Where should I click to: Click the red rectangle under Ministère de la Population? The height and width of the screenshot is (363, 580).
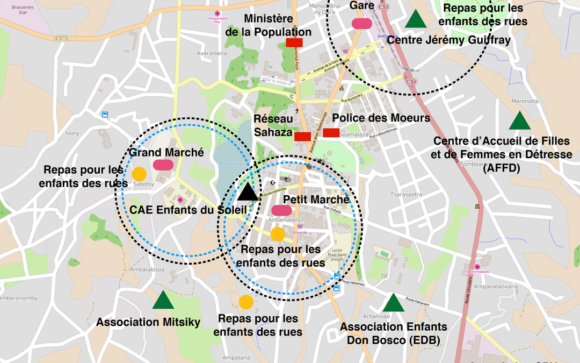coord(294,42)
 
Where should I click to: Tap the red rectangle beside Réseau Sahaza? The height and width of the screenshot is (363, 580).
coord(302,136)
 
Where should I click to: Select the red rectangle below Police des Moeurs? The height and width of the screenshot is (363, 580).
coord(331,133)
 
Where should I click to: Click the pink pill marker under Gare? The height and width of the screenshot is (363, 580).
coord(361,23)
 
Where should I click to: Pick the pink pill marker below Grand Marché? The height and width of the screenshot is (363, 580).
coord(163,165)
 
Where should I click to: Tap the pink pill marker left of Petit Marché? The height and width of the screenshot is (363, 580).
coord(281,210)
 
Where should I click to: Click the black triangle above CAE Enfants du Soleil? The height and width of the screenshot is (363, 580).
coord(248,191)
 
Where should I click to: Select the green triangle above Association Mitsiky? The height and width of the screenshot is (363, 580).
coord(163,300)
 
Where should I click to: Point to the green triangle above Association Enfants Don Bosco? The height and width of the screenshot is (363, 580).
coord(393,303)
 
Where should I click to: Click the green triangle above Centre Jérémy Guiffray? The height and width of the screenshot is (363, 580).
coord(415,19)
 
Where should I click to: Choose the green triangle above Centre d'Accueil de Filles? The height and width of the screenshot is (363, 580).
coord(519,121)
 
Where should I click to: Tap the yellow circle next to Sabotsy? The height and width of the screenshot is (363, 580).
coord(139,174)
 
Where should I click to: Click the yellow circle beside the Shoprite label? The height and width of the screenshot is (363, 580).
coord(278,234)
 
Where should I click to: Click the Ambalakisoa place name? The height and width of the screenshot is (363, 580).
coord(147,269)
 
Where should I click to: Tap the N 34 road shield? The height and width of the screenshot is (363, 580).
coord(62,38)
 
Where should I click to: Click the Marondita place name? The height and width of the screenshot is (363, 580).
coord(525,101)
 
